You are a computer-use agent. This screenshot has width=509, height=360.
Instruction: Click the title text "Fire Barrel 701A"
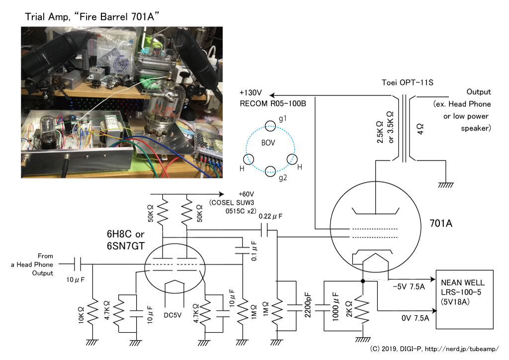116,16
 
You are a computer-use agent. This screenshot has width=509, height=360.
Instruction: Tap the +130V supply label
251,93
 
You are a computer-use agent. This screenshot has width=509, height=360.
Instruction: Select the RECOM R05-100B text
273,103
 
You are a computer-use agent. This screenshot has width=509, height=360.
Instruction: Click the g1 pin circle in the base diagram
270,126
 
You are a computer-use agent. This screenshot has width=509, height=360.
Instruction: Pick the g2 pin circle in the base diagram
270,171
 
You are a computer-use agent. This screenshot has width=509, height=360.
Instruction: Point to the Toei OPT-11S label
408,83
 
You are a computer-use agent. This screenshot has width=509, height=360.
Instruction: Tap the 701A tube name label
440,223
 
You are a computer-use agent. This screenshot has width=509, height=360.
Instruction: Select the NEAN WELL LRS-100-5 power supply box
465,299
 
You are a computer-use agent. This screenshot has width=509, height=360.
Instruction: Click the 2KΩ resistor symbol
363,309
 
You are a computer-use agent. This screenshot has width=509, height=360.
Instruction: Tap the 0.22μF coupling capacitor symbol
266,230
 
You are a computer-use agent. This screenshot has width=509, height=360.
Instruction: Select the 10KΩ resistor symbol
92,312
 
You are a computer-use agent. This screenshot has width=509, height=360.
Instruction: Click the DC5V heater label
172,315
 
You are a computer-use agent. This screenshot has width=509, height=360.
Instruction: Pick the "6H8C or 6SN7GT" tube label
126,240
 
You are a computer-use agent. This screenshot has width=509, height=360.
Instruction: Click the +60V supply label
246,194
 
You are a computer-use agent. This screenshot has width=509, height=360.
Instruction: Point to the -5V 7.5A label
409,286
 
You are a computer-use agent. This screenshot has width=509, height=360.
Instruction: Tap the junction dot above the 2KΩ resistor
363,281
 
